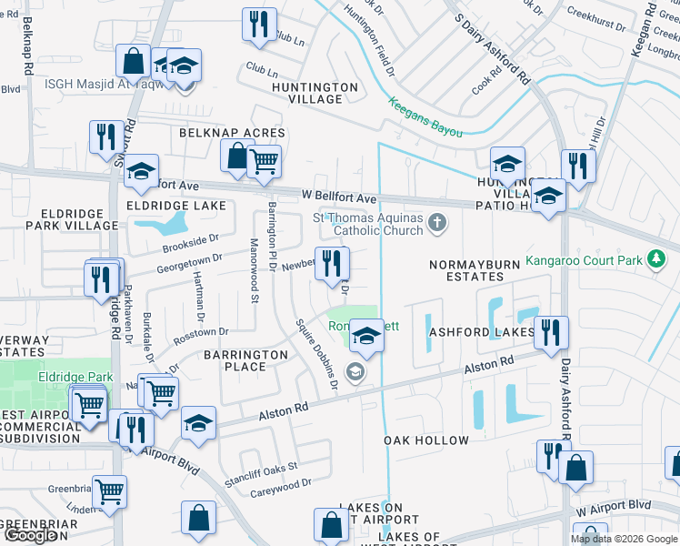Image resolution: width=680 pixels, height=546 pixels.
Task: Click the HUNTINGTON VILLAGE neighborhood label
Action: [x=315, y=93]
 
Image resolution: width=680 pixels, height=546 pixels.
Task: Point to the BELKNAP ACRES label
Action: [x=232, y=133]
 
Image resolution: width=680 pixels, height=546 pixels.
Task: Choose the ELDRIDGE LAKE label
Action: [x=176, y=206]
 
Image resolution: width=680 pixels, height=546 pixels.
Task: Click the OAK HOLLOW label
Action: [x=426, y=440]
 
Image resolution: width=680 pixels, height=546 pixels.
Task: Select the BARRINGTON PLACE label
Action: [x=235, y=360]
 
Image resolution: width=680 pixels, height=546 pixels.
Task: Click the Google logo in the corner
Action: [x=30, y=535]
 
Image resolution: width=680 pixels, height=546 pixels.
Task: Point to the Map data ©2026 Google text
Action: [x=624, y=539]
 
